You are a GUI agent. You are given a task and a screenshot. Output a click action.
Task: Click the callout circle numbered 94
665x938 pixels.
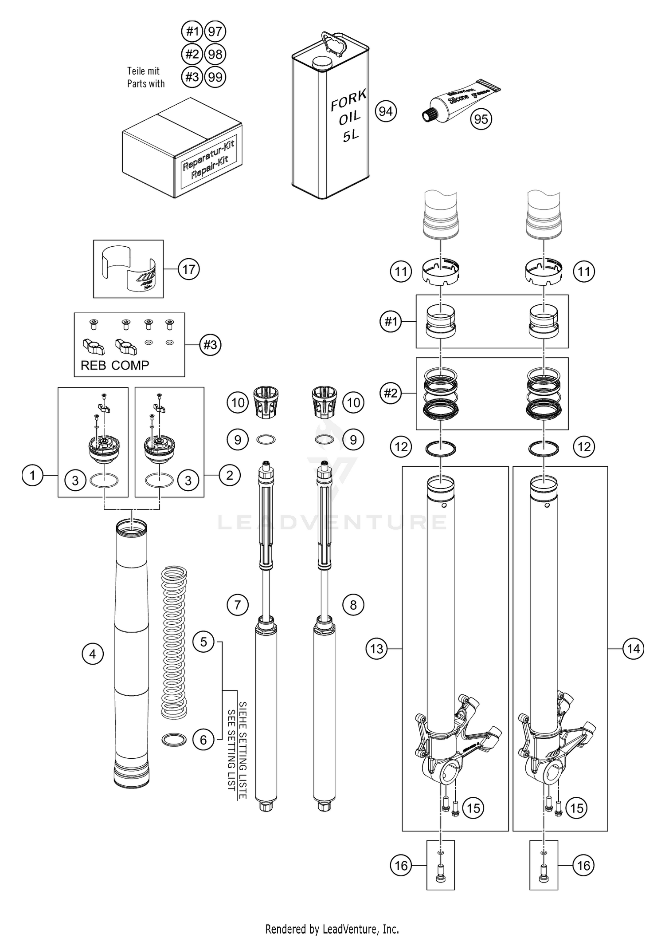386,111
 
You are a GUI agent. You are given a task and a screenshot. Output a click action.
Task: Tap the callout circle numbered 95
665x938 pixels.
481,119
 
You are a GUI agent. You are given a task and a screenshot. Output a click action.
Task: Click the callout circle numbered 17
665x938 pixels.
189,269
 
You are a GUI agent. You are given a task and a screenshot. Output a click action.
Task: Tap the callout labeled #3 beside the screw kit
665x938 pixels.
210,345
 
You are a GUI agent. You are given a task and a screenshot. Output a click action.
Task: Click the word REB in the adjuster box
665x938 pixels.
93,365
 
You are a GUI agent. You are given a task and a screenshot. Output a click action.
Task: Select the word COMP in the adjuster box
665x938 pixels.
130,365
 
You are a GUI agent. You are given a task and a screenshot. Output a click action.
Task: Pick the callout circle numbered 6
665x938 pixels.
203,739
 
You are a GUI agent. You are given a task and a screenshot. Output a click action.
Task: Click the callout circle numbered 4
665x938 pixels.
93,654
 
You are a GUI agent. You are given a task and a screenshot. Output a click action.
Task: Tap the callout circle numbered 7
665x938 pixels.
238,605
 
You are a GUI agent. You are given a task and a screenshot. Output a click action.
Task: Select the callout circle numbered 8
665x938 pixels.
353,605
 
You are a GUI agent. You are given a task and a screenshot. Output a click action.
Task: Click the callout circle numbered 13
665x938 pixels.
376,649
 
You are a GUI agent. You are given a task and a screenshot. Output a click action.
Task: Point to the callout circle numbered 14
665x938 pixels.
634,649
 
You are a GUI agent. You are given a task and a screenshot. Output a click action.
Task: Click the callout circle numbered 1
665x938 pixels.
32,476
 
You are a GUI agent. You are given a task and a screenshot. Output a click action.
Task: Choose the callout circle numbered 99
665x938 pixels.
215,77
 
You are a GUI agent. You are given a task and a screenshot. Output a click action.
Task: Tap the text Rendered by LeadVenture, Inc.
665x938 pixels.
332,928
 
